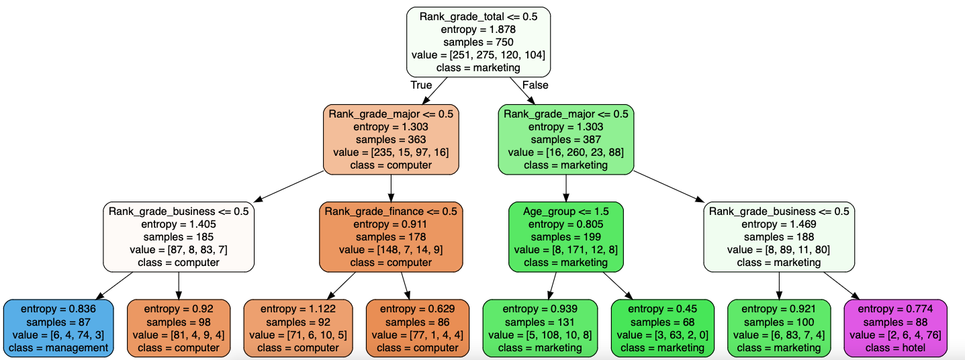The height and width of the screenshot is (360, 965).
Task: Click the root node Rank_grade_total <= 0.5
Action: pos(478,41)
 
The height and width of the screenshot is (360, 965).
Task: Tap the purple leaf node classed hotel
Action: pos(895,328)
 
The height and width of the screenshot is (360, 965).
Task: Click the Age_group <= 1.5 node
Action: pos(565,237)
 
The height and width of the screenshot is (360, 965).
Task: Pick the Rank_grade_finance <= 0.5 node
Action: pos(391,237)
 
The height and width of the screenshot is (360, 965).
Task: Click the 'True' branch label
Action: pos(421,85)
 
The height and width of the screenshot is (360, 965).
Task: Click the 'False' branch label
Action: pos(535,85)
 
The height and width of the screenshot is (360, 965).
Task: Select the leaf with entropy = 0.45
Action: pos(662,328)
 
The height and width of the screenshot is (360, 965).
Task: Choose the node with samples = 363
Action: pos(391,139)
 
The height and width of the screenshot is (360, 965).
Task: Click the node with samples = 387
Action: pos(565,139)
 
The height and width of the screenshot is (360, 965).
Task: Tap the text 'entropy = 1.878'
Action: pos(478,30)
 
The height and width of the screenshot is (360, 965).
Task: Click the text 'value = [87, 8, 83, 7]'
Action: pos(179,250)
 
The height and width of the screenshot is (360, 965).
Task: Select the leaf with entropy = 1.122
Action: pos(297,328)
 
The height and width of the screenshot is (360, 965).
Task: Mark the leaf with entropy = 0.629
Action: pos(417,328)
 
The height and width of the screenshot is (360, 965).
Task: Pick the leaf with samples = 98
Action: pos(179,328)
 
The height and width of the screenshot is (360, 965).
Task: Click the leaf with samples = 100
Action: pos(779,328)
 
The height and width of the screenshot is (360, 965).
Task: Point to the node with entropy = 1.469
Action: pos(779,237)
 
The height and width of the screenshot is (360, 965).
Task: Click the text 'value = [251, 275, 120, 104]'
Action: pos(478,55)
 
